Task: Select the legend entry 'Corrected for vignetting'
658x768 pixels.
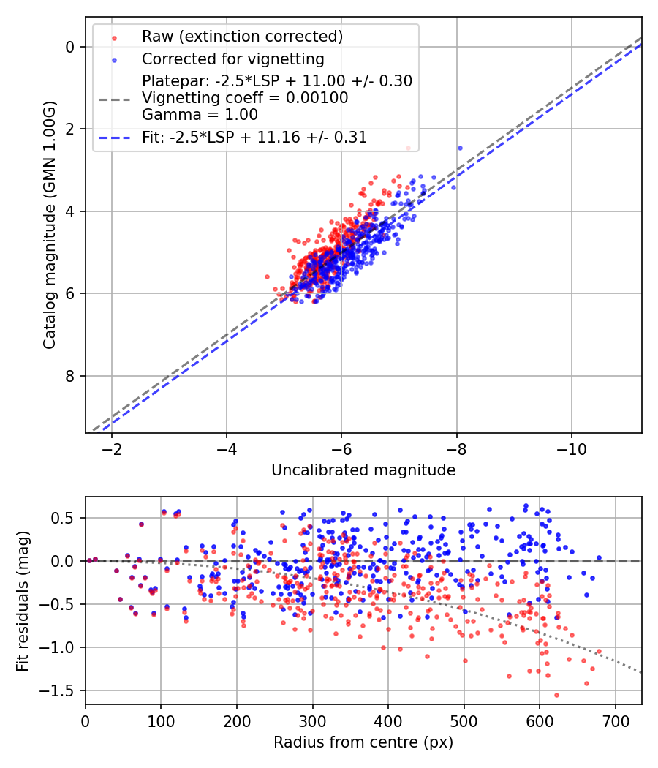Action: coord(232,59)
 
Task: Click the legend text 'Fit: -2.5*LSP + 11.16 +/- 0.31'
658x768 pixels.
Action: coord(254,137)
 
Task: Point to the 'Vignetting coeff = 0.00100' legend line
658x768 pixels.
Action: coord(245,97)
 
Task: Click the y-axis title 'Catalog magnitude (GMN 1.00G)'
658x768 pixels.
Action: coord(49,224)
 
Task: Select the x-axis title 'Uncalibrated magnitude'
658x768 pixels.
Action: coord(363,470)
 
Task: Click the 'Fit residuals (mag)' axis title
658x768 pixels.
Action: coord(23,601)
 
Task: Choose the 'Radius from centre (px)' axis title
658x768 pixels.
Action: coord(363,742)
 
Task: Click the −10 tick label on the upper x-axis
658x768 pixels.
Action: coord(572,448)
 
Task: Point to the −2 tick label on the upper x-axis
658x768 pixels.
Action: coord(112,448)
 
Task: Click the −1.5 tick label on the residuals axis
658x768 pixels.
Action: coord(61,690)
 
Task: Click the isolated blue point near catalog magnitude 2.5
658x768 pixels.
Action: coord(460,148)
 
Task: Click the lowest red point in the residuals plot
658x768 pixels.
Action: coord(556,696)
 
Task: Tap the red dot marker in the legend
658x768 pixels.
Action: coord(114,37)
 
